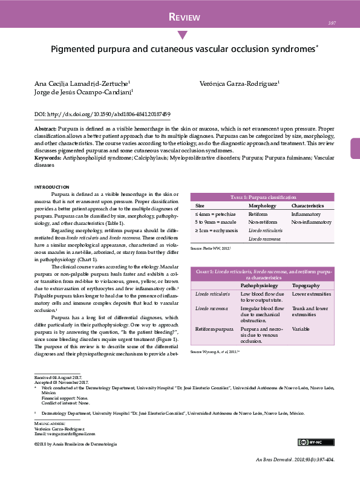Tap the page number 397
332,23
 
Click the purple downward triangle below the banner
182,35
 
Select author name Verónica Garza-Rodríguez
239,82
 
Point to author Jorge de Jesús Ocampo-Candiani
83,92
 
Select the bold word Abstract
45,129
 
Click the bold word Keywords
47,158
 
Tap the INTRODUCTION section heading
52,187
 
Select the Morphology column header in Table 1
262,206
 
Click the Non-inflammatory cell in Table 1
311,222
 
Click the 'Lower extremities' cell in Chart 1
311,294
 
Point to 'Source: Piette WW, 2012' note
211,248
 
